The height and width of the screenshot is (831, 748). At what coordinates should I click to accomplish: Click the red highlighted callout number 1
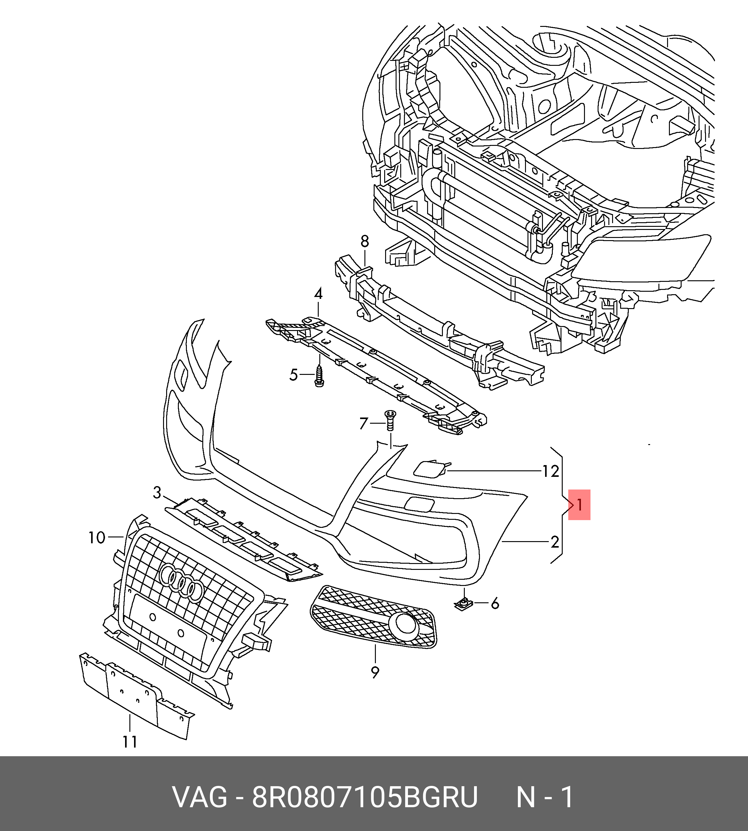[579, 505]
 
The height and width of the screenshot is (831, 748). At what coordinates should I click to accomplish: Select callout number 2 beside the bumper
[555, 542]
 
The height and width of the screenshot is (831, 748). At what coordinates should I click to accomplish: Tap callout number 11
[130, 742]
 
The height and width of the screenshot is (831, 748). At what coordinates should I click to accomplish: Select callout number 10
[97, 537]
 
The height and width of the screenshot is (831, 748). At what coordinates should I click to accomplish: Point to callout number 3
[157, 492]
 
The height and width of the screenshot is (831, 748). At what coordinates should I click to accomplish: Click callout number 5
[293, 375]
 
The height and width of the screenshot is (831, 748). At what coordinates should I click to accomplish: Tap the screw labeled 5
[319, 375]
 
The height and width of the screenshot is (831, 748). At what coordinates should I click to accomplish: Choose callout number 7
[363, 423]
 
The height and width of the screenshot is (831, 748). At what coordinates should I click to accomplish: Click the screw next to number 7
[390, 420]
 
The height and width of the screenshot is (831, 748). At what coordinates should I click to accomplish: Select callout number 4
[318, 294]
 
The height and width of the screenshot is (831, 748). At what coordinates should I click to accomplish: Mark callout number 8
[364, 241]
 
